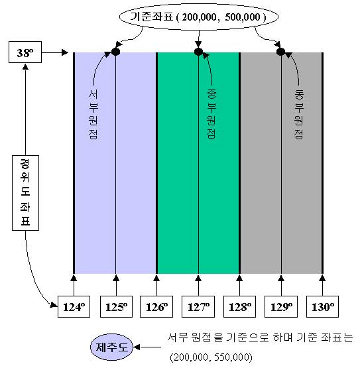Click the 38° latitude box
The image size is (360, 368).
click(25, 52)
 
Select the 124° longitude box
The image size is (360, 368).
click(74, 307)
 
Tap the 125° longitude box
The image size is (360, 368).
click(116, 307)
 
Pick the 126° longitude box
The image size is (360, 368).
click(156, 307)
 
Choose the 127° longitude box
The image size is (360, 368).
click(198, 307)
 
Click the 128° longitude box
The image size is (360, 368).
click(239, 307)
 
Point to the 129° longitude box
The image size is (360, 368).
click(281, 307)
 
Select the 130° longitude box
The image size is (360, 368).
click(322, 307)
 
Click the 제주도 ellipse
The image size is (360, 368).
click(111, 347)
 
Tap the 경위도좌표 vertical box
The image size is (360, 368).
click(25, 193)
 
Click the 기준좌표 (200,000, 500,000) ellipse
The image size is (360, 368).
click(199, 17)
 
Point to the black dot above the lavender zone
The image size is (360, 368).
click(115, 52)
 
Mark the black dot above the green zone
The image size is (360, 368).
click(198, 52)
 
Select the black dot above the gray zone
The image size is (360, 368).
click(280, 52)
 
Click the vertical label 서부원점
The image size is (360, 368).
click(93, 114)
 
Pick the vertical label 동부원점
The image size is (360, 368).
click(299, 114)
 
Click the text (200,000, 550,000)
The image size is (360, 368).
click(211, 357)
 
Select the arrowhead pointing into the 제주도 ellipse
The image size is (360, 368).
click(137, 347)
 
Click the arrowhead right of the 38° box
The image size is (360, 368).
click(65, 52)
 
